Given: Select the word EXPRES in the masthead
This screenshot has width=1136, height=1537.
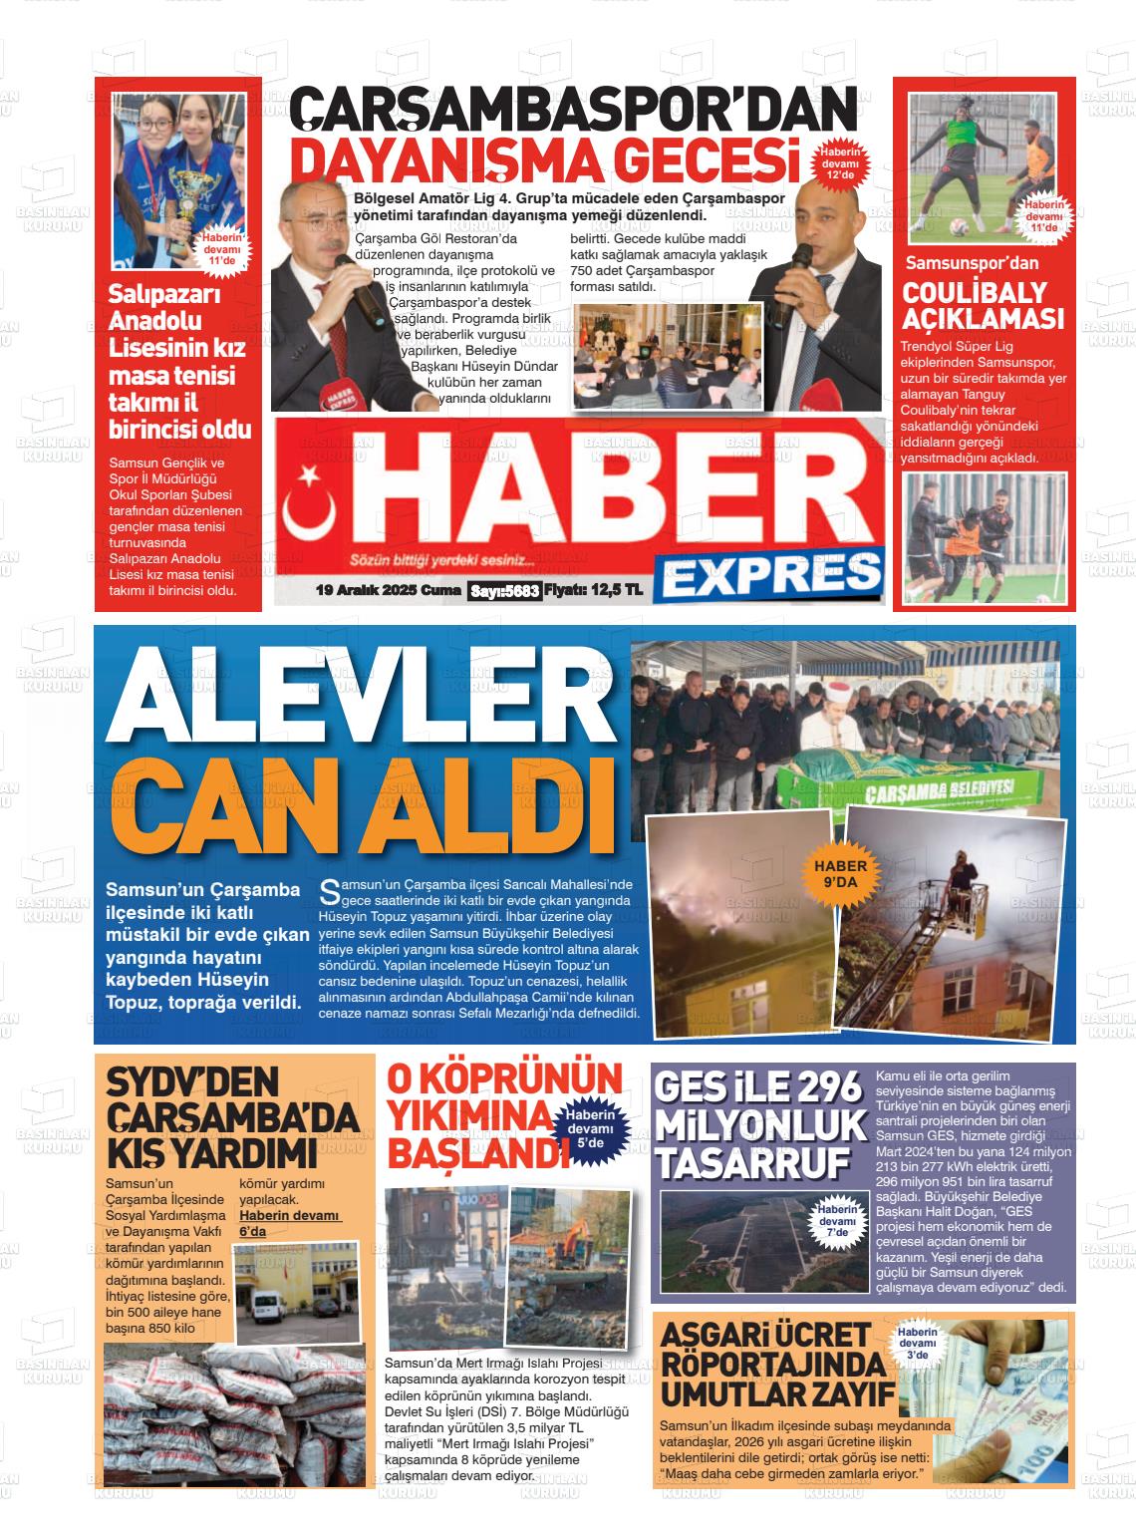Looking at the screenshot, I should pyautogui.click(x=772, y=575).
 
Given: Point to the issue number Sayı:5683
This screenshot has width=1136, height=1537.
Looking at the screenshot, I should pyautogui.click(x=504, y=591).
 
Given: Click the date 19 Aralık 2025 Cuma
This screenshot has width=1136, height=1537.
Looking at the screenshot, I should pyautogui.click(x=388, y=591).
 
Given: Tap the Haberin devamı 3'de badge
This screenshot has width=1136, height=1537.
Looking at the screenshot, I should pyautogui.click(x=917, y=1344).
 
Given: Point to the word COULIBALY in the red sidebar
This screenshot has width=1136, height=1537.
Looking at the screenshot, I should pyautogui.click(x=975, y=293).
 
